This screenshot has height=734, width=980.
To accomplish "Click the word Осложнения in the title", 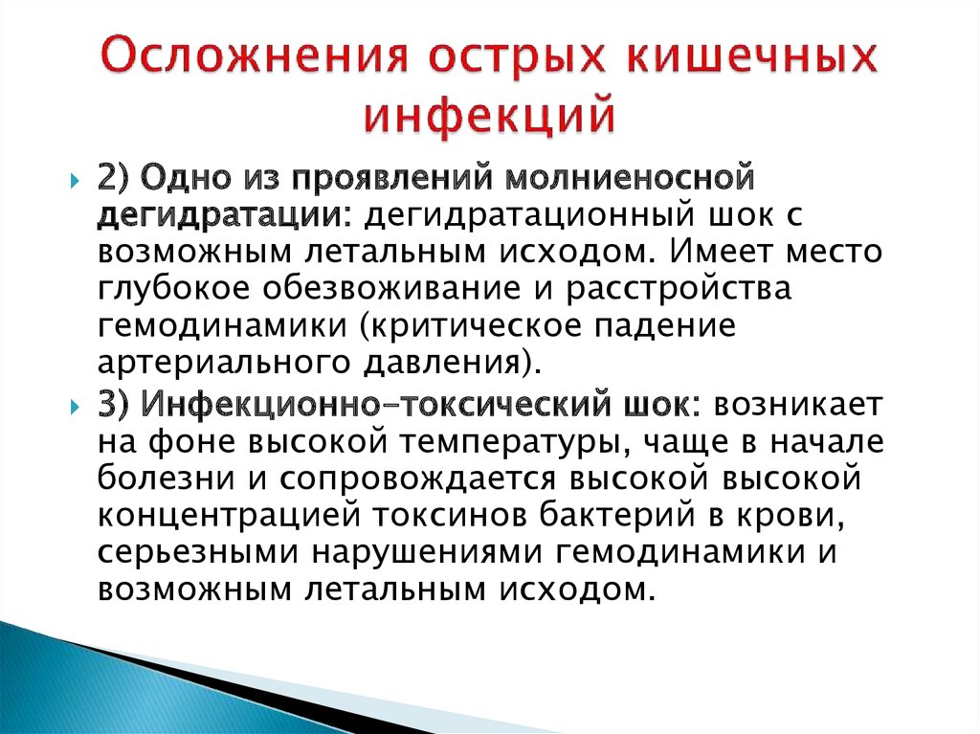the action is point(254,56).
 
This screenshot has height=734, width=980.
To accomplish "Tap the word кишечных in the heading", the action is point(752,56).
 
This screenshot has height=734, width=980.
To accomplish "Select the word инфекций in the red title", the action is point(490,115).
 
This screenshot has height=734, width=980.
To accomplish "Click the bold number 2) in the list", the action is point(113,179).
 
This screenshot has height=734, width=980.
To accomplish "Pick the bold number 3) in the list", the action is point(113,405).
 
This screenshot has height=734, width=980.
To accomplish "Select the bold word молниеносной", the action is point(630,178).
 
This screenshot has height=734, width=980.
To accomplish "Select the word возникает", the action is point(799,406).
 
